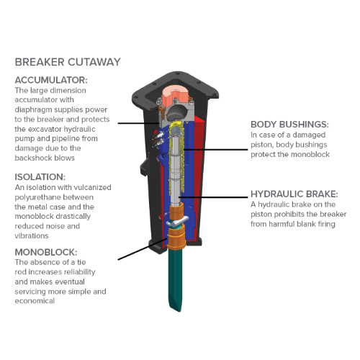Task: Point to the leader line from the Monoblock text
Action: click(137, 249)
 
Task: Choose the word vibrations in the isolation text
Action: click(33, 235)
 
